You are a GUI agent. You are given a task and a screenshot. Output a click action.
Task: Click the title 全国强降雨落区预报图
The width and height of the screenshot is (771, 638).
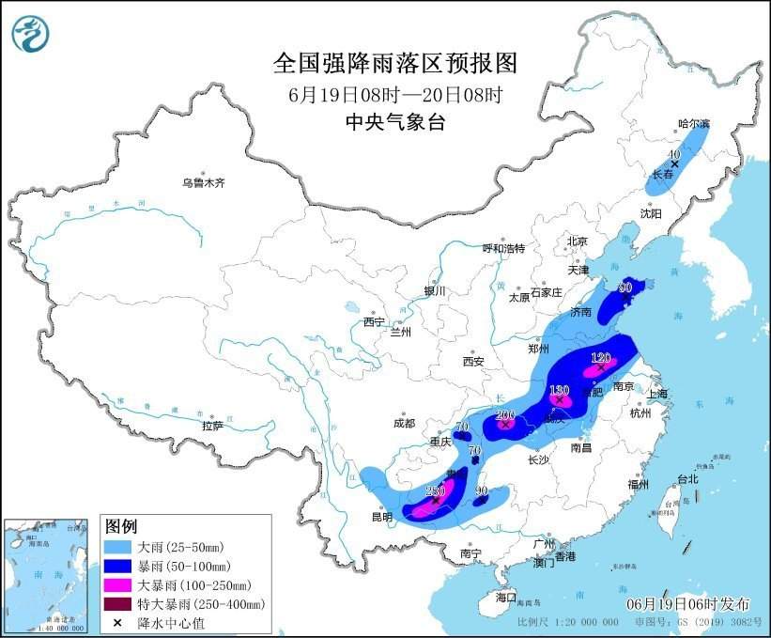tap(394, 63)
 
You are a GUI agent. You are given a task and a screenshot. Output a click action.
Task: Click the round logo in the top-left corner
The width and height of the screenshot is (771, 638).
tap(31, 33)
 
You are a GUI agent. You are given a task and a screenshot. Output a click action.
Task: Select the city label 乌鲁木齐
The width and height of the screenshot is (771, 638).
tap(205, 182)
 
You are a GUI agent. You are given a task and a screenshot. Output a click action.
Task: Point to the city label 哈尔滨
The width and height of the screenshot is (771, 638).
tap(695, 123)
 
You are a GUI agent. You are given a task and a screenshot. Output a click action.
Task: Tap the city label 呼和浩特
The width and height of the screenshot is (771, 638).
tap(503, 248)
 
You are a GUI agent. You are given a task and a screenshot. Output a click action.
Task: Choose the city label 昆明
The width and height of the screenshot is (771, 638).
tap(381, 517)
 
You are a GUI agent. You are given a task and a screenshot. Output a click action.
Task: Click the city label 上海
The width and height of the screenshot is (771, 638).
tap(657, 393)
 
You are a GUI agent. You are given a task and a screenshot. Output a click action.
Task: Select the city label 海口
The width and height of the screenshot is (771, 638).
tap(506, 597)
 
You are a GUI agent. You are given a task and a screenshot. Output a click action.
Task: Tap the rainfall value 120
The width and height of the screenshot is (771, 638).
tap(601, 357)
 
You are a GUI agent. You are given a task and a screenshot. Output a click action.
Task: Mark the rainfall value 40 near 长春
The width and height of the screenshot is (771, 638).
tap(672, 153)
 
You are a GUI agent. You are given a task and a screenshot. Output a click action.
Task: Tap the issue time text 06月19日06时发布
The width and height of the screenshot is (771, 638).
tap(690, 602)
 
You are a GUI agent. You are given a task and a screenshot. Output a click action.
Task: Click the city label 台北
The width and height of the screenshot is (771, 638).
tap(688, 478)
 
